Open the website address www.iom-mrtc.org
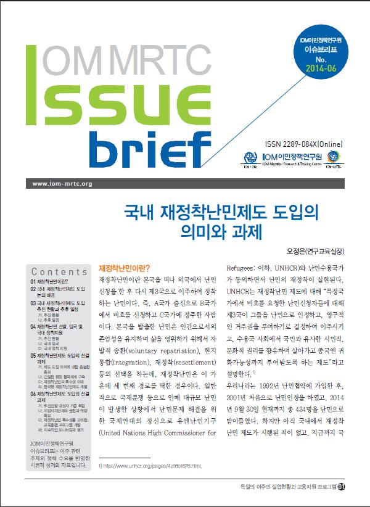[x=61, y=184]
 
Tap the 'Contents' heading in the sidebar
[x=59, y=272]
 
